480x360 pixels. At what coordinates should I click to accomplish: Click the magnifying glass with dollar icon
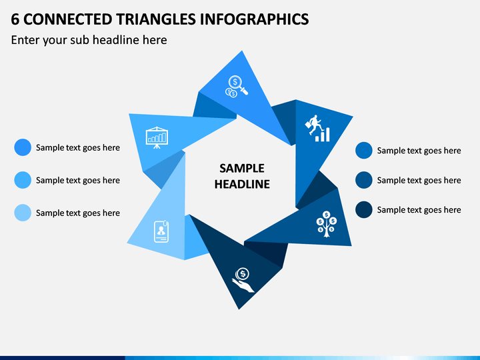tap(236, 87)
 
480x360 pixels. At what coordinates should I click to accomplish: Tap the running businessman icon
tap(317, 128)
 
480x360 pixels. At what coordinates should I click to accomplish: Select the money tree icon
tap(326, 224)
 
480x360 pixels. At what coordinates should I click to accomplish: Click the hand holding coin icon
tap(243, 280)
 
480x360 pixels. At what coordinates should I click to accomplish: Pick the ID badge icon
tap(161, 231)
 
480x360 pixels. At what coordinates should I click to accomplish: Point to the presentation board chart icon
tap(157, 138)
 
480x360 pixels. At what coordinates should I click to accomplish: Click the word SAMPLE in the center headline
tap(242, 169)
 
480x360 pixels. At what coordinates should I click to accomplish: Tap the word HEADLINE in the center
tap(242, 184)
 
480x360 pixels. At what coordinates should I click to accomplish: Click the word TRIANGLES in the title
tap(156, 19)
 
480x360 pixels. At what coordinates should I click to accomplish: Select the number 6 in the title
tap(15, 19)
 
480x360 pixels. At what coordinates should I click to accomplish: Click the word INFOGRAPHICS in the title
tap(255, 19)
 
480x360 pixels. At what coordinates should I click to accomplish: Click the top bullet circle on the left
tap(23, 147)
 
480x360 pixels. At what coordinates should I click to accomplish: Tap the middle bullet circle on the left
tap(23, 180)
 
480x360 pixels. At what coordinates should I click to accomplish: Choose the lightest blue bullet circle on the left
tap(23, 213)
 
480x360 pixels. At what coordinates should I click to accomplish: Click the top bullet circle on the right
tap(364, 150)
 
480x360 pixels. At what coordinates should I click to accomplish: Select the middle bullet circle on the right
tap(364, 180)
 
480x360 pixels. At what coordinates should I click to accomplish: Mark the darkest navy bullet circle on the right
tap(364, 210)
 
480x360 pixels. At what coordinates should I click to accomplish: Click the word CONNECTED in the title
tap(67, 19)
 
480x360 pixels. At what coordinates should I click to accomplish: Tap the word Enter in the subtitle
tap(25, 40)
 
